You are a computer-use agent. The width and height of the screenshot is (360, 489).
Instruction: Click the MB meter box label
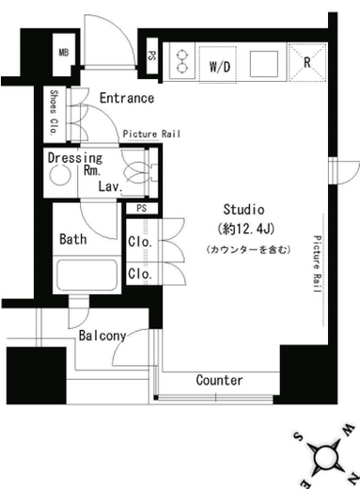click(x=64, y=53)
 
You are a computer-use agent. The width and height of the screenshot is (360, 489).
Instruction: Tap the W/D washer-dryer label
click(x=220, y=67)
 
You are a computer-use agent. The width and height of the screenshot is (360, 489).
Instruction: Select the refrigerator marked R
click(x=307, y=63)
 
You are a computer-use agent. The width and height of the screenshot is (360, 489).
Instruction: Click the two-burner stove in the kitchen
click(x=181, y=61)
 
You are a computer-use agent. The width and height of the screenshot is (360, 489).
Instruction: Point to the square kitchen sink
click(x=264, y=64)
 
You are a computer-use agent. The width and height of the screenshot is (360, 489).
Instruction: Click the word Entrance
click(x=127, y=98)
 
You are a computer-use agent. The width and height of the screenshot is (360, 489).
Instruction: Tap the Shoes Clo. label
click(x=55, y=113)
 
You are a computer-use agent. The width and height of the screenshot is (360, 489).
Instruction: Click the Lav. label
click(x=110, y=186)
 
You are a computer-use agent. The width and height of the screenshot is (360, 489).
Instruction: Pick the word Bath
click(x=73, y=239)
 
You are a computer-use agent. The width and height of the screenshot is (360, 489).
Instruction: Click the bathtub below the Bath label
click(x=87, y=275)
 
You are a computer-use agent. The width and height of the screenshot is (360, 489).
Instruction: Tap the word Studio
click(x=243, y=210)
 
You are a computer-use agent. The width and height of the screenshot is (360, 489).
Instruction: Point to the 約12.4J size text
click(x=246, y=229)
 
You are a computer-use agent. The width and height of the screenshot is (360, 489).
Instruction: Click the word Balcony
click(x=102, y=336)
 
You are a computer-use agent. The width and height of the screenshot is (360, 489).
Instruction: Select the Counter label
click(x=219, y=380)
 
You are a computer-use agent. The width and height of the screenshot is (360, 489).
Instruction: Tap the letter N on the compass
click(x=353, y=477)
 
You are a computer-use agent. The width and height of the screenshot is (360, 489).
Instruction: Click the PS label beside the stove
click(x=152, y=56)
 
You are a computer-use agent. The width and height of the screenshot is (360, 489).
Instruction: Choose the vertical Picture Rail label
click(x=317, y=264)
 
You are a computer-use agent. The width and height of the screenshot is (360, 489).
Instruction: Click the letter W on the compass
click(x=348, y=430)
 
